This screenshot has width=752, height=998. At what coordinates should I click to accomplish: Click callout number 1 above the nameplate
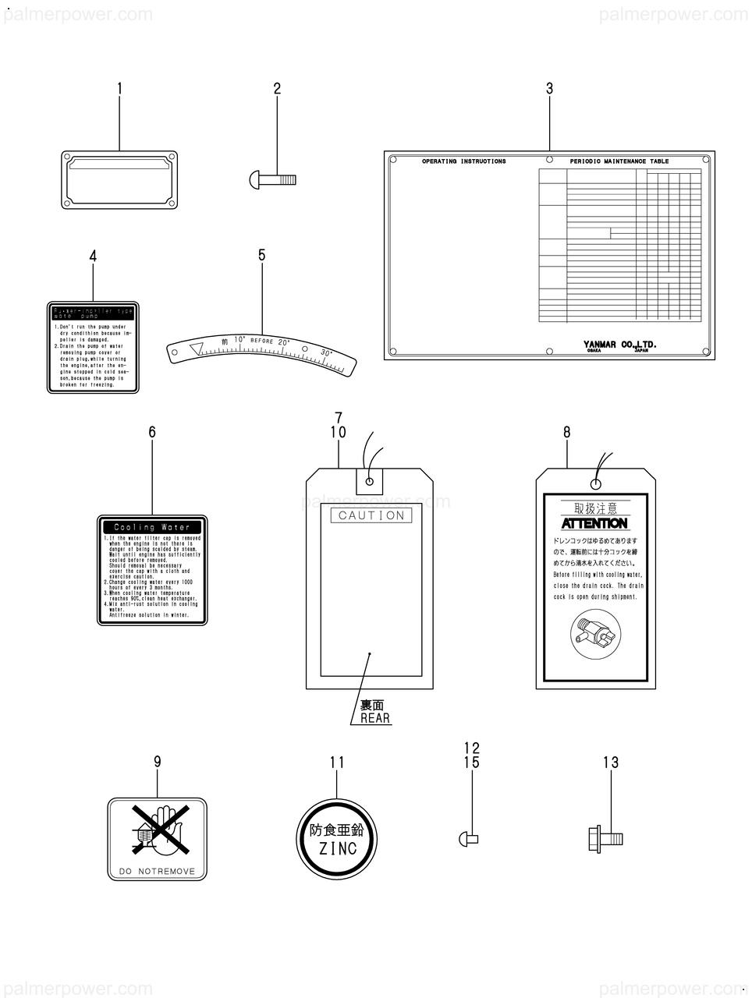tap(119, 90)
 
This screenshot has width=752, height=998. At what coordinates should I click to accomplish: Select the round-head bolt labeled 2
tap(277, 180)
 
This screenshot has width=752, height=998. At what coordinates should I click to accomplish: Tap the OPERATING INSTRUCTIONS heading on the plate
tap(463, 161)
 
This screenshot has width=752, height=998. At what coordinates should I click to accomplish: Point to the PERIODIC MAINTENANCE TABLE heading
tap(619, 161)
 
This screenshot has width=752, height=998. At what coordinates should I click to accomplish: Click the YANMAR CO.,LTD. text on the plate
tap(620, 343)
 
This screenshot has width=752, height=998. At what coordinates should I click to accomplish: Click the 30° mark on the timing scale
tap(326, 353)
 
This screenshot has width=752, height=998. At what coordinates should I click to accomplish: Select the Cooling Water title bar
tap(152, 527)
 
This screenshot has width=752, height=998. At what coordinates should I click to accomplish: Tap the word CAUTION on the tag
tap(372, 515)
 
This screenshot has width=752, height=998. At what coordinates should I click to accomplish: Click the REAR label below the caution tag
tap(375, 718)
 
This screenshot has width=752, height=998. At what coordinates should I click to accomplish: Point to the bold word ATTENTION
tap(595, 523)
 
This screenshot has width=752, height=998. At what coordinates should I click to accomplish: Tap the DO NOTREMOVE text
tap(157, 871)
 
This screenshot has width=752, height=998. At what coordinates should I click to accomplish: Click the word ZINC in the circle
tap(337, 848)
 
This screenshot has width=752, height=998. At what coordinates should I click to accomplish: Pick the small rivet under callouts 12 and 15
tap(466, 839)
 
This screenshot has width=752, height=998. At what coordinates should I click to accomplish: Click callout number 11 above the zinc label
tap(337, 763)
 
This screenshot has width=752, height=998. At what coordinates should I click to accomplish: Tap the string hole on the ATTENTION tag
tap(595, 483)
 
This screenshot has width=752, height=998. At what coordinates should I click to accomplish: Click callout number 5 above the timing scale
tap(262, 255)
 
